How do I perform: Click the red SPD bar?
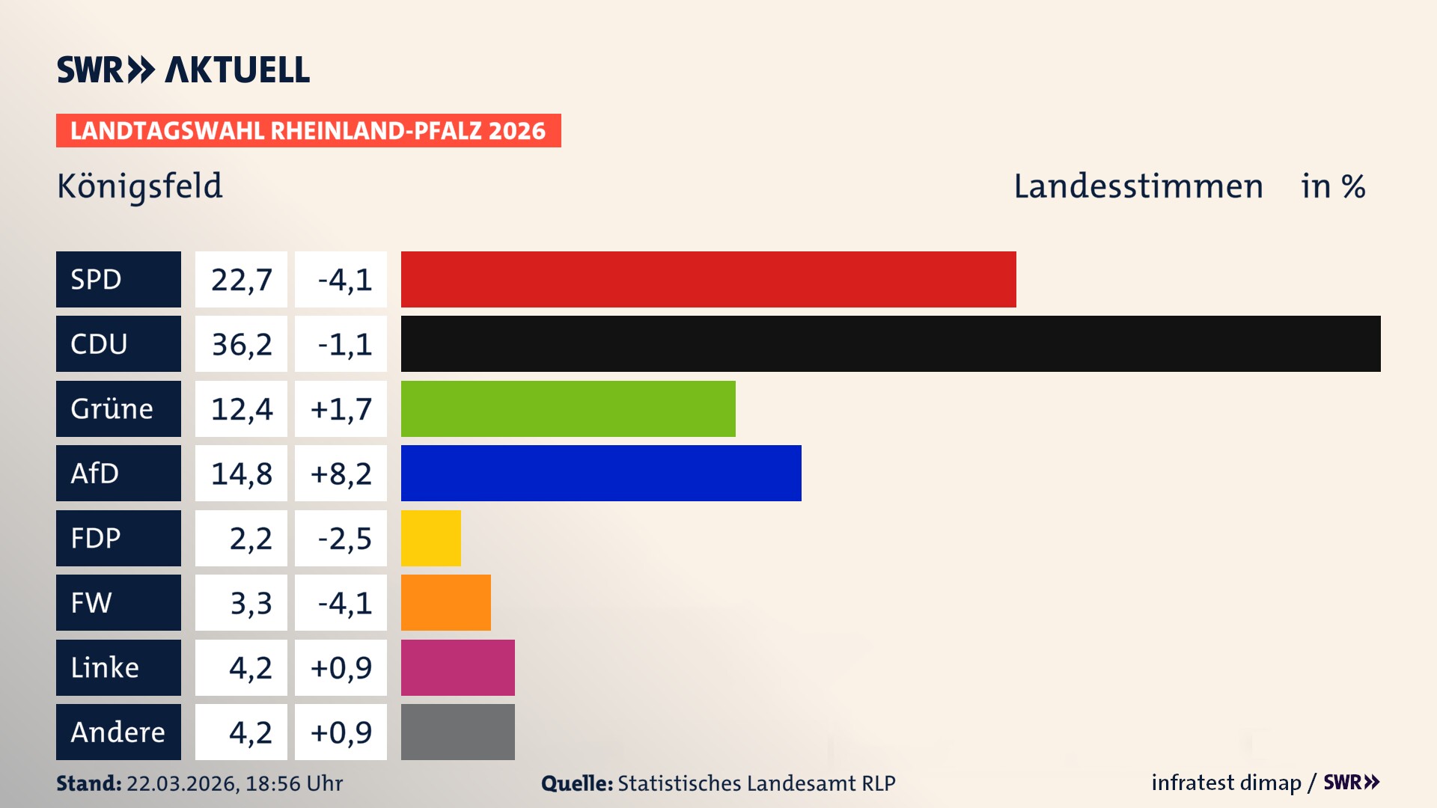pos(708,279)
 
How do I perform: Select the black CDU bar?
pos(891,343)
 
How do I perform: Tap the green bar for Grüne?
pos(568,408)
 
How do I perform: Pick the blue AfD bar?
pos(601,473)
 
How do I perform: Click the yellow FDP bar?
pos(430,538)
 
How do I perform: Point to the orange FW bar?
pos(445,602)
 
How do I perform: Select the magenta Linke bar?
pos(457,667)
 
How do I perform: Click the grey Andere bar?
pos(457,732)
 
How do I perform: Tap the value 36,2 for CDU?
pos(241,344)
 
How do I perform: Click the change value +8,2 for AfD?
pos(341,474)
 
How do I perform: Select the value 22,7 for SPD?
pos(241,280)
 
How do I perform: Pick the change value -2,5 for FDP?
pos(344,539)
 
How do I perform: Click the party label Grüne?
pos(112,408)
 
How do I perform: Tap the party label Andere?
pos(118,732)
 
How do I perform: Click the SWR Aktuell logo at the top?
pos(183,70)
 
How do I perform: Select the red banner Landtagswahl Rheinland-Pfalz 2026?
pos(308,130)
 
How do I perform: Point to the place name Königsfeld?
pos(140,186)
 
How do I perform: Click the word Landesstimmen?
pos(1138,186)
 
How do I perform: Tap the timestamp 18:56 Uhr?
pos(293,783)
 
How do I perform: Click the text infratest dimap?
pos(1225,783)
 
